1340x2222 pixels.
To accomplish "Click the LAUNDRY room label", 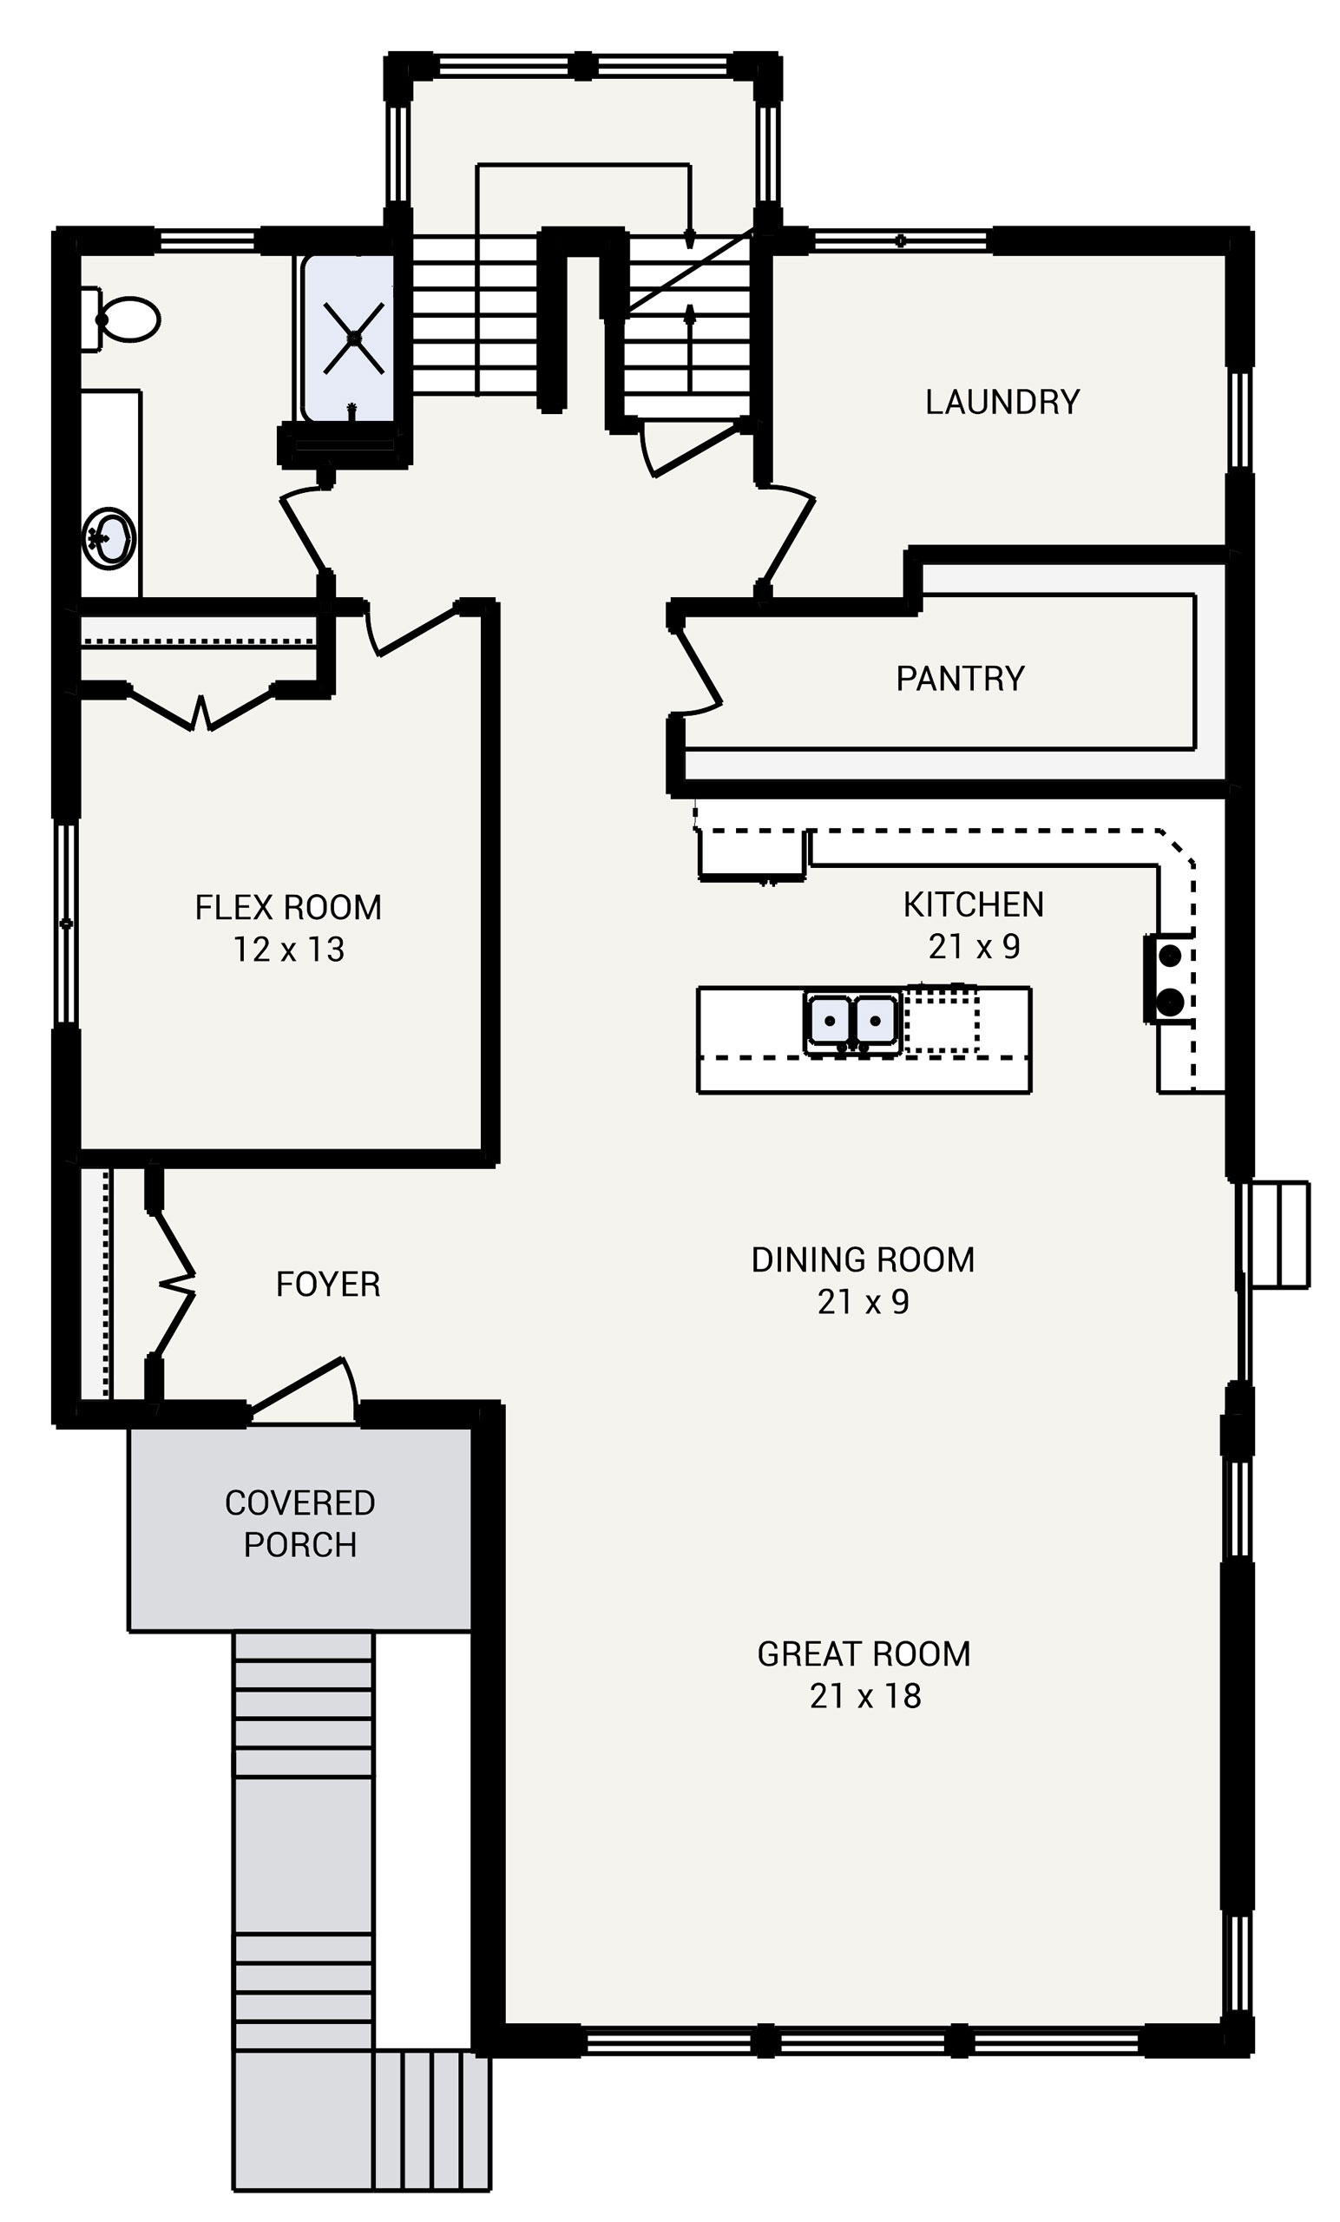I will point(1002,402).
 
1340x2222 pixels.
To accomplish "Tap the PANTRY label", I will point(960,678).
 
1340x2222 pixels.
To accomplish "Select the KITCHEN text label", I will point(973,904).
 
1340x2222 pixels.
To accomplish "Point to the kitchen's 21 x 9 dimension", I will point(973,946).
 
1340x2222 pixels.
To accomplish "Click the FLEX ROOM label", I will point(287,907).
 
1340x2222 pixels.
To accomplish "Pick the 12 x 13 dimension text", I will point(287,950).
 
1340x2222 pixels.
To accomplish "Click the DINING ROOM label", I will point(862,1259).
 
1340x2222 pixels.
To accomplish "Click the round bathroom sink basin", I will point(109,538).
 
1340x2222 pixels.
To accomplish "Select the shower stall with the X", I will point(353,339).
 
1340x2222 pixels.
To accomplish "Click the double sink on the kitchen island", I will point(851,1022).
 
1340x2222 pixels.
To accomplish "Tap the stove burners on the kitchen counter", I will point(1170,978).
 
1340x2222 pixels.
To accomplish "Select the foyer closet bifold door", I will point(175,1284).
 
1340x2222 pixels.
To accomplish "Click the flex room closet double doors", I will point(200,710).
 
